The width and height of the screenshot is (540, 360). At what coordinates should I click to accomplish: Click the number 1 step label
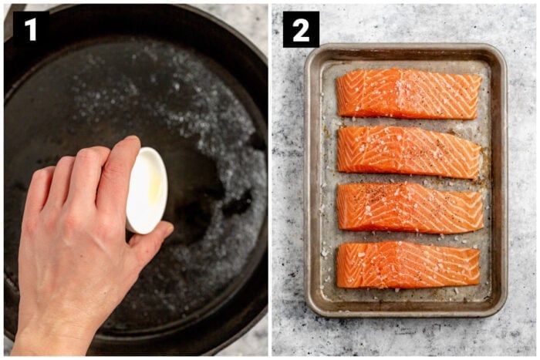pos(30,29)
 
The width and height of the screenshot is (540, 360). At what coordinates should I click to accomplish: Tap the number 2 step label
pos(301,29)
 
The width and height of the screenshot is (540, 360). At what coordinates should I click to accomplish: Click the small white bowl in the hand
pos(147,190)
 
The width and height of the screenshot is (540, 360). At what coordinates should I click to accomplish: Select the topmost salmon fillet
pos(409,94)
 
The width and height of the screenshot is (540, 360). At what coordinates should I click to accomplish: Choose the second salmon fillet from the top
pos(409,152)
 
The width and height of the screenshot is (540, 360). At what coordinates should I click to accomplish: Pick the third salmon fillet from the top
pos(409,207)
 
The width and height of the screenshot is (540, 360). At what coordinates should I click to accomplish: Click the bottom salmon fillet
pos(407,264)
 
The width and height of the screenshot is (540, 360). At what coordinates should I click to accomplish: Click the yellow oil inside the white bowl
pos(155,185)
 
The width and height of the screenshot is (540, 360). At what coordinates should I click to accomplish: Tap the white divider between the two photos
pos(270,180)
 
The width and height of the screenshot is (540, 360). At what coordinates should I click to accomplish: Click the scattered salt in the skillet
pos(224,154)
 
